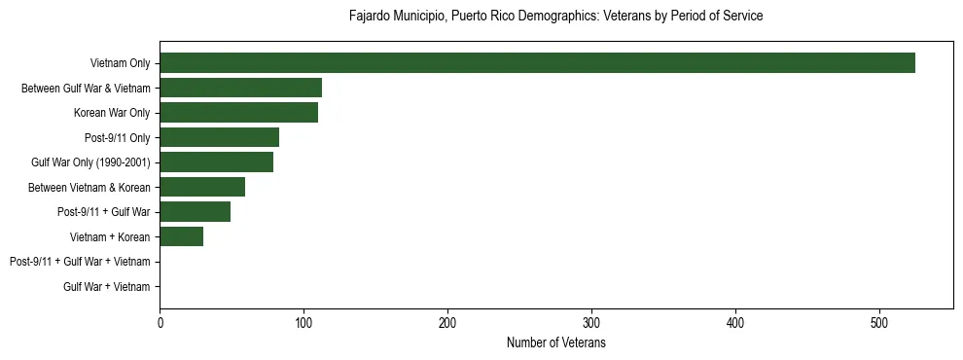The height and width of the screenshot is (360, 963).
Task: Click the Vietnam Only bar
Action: click(537, 63)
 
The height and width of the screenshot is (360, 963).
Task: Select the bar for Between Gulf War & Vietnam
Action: click(240, 88)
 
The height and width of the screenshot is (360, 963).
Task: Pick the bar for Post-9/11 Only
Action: click(219, 137)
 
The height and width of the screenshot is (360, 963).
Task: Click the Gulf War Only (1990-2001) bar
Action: click(216, 162)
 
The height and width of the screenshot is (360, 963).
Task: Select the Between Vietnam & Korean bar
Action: click(202, 187)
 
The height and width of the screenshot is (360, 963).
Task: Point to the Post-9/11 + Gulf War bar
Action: click(195, 211)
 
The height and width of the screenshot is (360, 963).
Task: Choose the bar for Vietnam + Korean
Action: click(181, 236)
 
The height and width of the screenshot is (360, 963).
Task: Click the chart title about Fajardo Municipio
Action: click(555, 17)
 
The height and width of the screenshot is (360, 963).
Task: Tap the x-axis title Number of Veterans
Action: click(555, 343)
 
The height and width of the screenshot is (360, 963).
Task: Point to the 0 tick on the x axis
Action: click(160, 322)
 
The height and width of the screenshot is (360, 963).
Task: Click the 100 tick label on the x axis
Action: click(303, 322)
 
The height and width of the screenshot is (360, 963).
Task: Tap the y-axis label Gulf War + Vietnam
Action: click(106, 286)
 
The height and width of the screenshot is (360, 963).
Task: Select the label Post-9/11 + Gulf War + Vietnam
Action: click(80, 262)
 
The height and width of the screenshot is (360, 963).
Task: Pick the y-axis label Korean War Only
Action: click(112, 113)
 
